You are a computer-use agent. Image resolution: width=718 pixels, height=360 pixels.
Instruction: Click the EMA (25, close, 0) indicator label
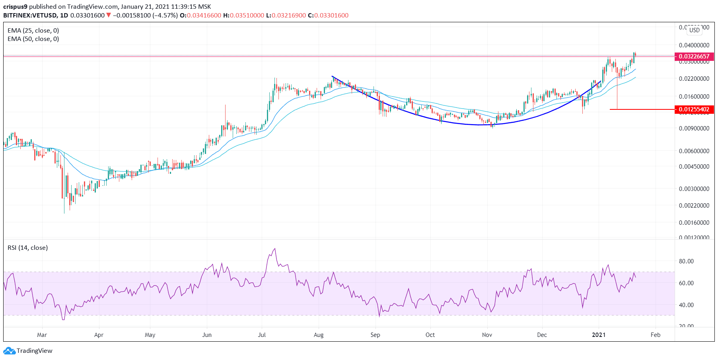[x=33, y=31]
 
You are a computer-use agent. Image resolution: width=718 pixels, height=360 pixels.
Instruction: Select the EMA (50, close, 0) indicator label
[x=33, y=39]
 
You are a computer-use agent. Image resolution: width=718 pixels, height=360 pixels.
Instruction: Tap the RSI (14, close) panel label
[x=27, y=248]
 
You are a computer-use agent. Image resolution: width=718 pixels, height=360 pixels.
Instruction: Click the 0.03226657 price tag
[x=694, y=56]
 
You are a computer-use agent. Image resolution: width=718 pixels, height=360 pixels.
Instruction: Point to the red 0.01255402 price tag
[x=694, y=109]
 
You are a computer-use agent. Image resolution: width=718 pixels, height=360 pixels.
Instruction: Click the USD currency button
[x=695, y=30]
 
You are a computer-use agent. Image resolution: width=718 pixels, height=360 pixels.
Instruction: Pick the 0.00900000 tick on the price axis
[x=694, y=128]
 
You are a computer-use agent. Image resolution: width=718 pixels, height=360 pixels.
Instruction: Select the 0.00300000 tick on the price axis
[x=694, y=189]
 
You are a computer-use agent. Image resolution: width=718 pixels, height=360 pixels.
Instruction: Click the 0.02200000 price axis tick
[x=694, y=79]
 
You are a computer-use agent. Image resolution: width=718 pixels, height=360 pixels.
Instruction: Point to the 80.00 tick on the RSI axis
[x=686, y=261]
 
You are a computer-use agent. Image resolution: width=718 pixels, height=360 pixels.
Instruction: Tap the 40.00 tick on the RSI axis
[x=686, y=305]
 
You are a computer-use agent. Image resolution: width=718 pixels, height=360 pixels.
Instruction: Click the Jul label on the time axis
[x=262, y=335]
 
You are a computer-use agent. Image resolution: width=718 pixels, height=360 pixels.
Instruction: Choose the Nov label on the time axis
[x=487, y=335]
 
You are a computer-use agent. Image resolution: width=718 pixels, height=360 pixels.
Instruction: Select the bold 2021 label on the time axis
[x=599, y=335]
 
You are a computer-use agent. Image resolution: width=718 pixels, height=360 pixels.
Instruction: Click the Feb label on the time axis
[x=656, y=335]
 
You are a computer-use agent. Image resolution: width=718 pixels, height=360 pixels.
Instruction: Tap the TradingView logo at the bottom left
[x=28, y=351]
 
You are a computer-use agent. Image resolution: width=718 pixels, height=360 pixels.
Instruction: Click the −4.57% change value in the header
[x=166, y=16]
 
